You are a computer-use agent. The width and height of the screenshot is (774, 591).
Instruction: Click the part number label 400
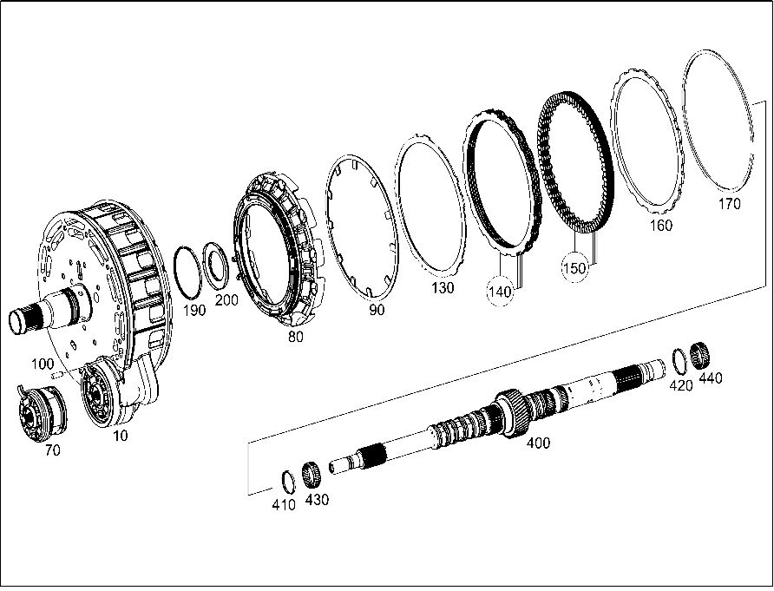[538, 443]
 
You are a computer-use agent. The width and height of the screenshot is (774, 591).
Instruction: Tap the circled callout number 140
[500, 292]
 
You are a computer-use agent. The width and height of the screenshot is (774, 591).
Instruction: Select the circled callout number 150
[574, 268]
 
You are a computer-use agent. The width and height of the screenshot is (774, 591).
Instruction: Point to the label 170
[729, 203]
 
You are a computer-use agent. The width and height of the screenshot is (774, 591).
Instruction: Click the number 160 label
[660, 226]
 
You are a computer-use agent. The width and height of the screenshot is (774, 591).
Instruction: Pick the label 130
[443, 288]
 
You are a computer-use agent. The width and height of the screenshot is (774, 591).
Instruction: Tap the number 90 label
[377, 310]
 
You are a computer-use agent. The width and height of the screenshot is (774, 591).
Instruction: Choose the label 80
[296, 337]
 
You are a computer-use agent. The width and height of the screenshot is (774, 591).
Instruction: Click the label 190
[194, 311]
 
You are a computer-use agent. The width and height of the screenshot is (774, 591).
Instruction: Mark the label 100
[43, 364]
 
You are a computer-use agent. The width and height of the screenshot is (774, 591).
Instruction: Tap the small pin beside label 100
[56, 374]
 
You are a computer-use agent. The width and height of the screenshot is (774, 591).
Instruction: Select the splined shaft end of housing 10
[23, 319]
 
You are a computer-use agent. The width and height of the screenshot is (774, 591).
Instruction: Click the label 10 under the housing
[120, 436]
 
